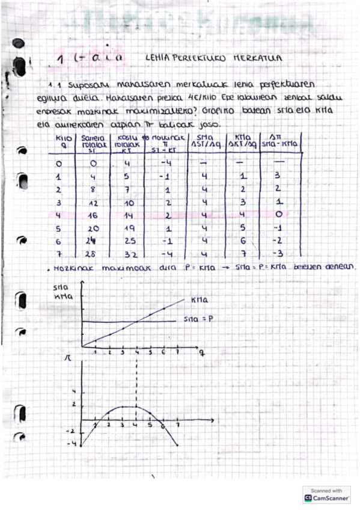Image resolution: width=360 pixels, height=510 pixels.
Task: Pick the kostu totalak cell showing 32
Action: [126, 255]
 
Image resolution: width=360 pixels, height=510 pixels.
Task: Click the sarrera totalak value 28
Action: [91, 255]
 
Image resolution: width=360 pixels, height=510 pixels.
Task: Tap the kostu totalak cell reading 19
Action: [127, 229]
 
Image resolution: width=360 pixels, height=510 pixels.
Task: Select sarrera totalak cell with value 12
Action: [92, 204]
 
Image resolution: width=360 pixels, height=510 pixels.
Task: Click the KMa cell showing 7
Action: [241, 254]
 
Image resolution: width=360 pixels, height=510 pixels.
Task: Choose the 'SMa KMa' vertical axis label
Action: [61, 292]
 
